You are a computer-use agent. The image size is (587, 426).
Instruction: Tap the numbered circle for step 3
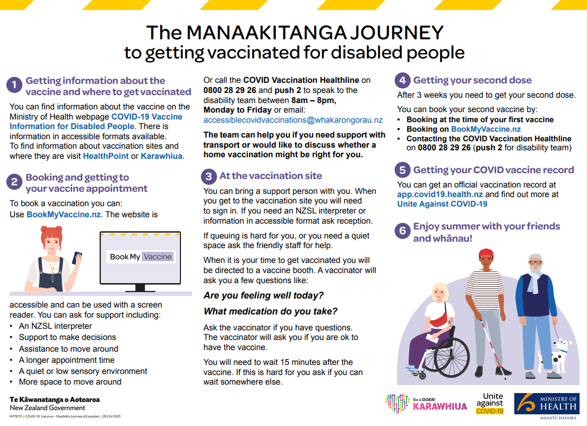tap(209, 176)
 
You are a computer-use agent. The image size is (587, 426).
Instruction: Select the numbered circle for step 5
tap(403, 170)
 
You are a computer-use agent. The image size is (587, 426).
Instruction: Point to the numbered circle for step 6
tap(403, 231)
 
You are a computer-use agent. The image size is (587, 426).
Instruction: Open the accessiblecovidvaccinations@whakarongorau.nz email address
tap(293, 120)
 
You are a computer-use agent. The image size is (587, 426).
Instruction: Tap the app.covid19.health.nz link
tap(440, 194)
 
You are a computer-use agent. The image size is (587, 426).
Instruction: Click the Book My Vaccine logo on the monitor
tap(141, 257)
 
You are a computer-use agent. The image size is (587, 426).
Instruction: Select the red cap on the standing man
tap(485, 253)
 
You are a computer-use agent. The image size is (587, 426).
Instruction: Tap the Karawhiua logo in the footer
tap(426, 403)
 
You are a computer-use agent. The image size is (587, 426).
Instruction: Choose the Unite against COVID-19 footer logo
tap(489, 403)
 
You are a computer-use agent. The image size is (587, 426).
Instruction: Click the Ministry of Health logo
tap(546, 405)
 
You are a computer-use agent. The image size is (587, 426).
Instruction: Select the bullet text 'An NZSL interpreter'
tap(55, 326)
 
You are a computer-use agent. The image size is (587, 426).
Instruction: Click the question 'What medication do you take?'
tap(271, 311)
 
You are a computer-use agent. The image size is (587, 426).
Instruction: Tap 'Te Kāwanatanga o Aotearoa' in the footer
tap(55, 399)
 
